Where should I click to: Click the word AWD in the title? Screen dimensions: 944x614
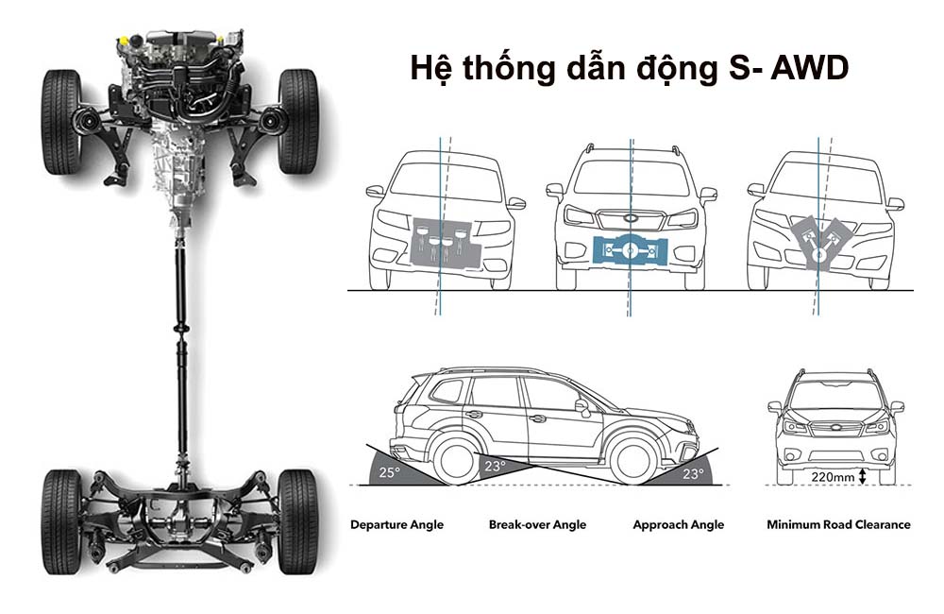(810, 67)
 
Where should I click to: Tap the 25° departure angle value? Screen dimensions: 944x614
(390, 473)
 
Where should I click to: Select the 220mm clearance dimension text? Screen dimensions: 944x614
(833, 477)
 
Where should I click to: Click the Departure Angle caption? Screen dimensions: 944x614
(396, 525)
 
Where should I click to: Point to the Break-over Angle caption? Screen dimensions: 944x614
(538, 525)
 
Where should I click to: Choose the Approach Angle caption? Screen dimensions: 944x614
(679, 525)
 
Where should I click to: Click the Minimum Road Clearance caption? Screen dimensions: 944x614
(838, 525)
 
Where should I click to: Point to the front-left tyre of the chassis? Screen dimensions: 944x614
(60, 122)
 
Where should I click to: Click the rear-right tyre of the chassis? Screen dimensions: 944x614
(298, 521)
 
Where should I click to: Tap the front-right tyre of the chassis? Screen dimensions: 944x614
(298, 122)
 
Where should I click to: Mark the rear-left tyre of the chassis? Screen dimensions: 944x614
(60, 521)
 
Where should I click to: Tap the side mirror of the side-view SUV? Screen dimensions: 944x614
(582, 407)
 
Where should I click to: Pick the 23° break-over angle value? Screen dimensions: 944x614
(496, 467)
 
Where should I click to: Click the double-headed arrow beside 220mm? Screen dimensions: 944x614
(862, 477)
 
